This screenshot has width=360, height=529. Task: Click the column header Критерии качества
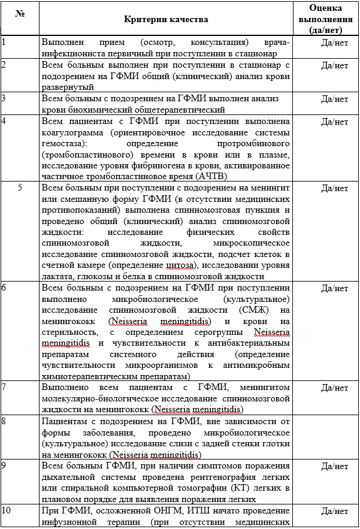[167, 19]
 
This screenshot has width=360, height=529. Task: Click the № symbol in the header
[20, 13]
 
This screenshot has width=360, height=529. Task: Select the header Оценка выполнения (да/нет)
[326, 19]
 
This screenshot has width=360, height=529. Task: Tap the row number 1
[4, 42]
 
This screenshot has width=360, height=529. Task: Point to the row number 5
[20, 188]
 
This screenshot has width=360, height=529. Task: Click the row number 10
[6, 510]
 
